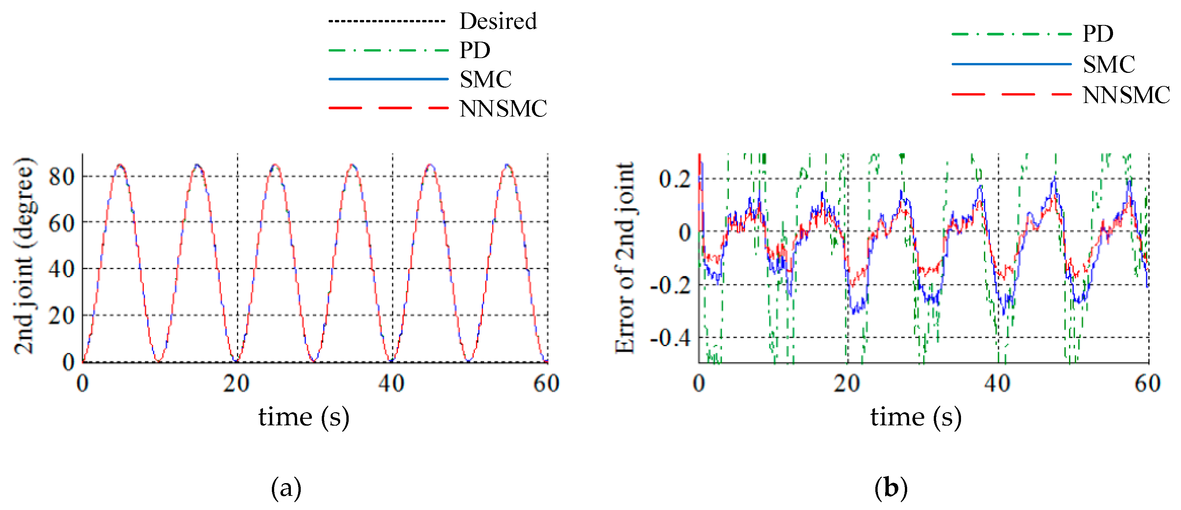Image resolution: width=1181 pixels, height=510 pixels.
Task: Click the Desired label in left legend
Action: click(x=498, y=21)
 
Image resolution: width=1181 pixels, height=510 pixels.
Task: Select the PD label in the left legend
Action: click(x=475, y=50)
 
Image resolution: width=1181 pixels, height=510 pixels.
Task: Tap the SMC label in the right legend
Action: click(x=1108, y=64)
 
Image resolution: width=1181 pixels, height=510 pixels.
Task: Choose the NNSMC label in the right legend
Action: click(x=1126, y=95)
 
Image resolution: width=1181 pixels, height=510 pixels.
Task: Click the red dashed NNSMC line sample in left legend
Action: click(x=388, y=108)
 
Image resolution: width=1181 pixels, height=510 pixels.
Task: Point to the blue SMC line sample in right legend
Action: click(x=1011, y=64)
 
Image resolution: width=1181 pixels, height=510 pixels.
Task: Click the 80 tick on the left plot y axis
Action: click(x=61, y=177)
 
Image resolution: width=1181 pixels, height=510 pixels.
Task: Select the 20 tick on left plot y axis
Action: click(x=61, y=316)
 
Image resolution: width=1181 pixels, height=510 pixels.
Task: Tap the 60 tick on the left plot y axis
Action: click(x=61, y=223)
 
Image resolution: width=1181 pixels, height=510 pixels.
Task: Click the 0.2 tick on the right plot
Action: click(x=674, y=179)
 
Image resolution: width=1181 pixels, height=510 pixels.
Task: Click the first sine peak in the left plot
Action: click(x=120, y=165)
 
